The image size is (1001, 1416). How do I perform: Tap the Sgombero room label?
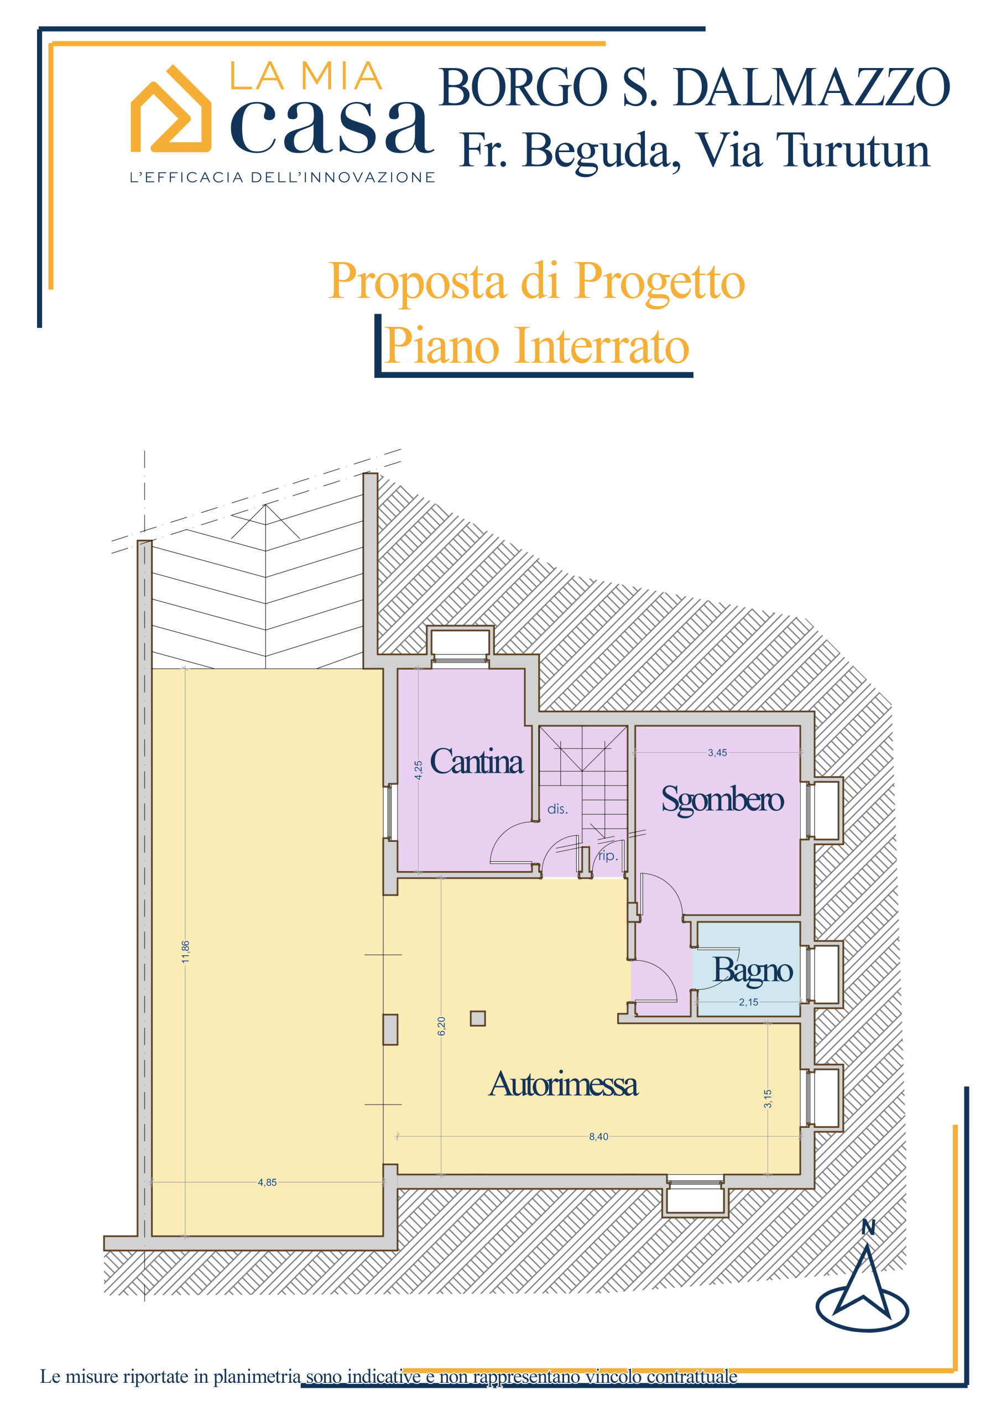(722, 800)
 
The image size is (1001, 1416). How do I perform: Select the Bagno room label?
(753, 970)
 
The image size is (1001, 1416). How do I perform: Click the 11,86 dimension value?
(186, 951)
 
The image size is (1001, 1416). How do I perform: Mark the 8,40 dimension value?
(598, 1137)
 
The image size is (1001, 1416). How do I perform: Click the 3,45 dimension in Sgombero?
(717, 752)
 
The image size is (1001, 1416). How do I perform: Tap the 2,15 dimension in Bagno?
(749, 1002)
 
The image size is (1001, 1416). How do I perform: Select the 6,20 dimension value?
(441, 1026)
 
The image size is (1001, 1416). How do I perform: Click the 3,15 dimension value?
(768, 1099)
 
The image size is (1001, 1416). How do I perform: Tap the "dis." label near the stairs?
(557, 809)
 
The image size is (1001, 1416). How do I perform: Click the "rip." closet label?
(607, 856)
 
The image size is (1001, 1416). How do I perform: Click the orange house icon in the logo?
(171, 109)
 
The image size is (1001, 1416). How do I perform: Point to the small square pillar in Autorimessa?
(477, 1018)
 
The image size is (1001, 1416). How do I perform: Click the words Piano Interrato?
(536, 346)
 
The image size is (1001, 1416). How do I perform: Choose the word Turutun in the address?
(853, 150)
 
